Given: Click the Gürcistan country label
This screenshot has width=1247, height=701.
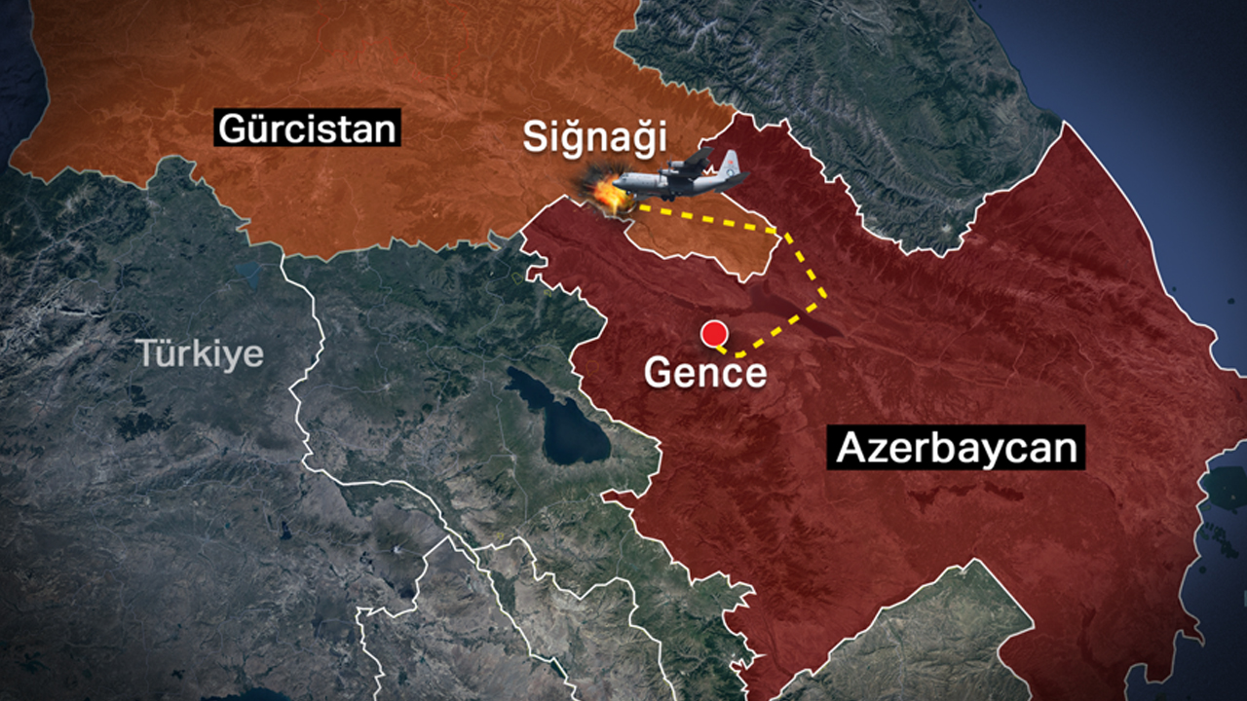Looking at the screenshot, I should pos(308,128).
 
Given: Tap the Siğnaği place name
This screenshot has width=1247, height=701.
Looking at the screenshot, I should pos(595,137).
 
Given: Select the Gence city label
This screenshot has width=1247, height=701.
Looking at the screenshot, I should pos(705,372).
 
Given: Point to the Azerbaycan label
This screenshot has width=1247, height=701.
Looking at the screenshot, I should pos(956,448).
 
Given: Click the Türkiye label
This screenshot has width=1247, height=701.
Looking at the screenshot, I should pos(200,353).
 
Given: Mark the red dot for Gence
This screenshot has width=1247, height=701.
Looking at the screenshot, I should pos(715,333).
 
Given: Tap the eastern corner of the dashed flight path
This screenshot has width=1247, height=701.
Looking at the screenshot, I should pos(826,291).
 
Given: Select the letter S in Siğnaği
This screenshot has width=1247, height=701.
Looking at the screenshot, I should pos(536,137).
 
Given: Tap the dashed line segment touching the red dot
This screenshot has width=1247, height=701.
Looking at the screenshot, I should pos(727,348).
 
